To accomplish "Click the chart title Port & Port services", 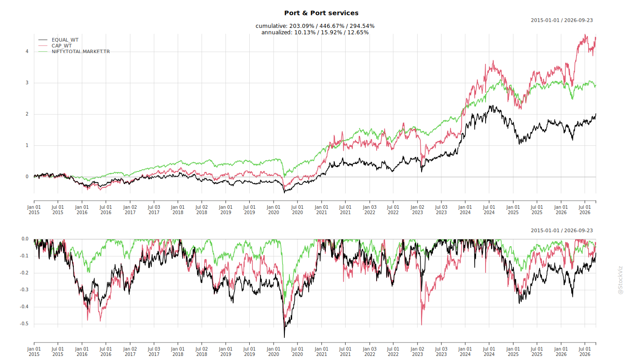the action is point(321,13).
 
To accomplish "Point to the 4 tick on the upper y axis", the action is point(27,51).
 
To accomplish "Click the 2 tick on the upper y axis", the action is point(27,114).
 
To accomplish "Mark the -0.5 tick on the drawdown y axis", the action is point(24,324).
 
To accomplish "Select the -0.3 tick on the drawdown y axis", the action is point(24,290).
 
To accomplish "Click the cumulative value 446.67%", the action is point(332,26).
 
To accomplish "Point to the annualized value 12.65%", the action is point(358,32).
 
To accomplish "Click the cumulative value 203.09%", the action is point(301,26).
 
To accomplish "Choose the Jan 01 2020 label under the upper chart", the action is point(274,210).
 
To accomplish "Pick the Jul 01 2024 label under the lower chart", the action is point(489,351).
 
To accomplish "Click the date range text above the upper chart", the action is point(562,20).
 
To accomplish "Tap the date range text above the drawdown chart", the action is point(562,230).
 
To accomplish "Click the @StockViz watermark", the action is point(621,280).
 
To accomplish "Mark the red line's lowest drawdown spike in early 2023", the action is point(421,325).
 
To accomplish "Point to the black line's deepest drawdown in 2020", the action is point(284,337).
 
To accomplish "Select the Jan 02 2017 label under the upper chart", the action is point(130,210).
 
